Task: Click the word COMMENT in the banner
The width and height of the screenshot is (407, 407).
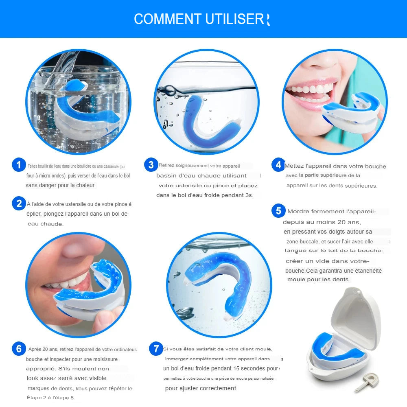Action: coord(167,19)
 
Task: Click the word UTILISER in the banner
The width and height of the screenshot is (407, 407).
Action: coord(235,19)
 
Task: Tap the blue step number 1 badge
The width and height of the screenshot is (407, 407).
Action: coord(19,164)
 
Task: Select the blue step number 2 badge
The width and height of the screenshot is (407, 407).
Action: coord(19,203)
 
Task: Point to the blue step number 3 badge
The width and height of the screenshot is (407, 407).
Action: coord(151,164)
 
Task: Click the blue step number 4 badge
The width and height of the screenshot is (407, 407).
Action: coord(278,164)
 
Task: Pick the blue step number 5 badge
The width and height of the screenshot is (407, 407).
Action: coord(278,210)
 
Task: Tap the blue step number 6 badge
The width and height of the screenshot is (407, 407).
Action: coord(19,349)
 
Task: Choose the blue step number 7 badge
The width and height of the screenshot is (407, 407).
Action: coord(156,349)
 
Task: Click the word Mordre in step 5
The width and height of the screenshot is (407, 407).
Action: coord(298,211)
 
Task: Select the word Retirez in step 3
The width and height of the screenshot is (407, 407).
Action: coord(166,165)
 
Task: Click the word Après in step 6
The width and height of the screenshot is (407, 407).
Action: coord(35,349)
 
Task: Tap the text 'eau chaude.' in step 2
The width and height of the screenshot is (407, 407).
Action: coord(46,224)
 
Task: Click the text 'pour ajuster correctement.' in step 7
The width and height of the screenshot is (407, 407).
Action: coord(201,388)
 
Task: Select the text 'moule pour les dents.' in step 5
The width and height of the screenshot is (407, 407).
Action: coord(319,280)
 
